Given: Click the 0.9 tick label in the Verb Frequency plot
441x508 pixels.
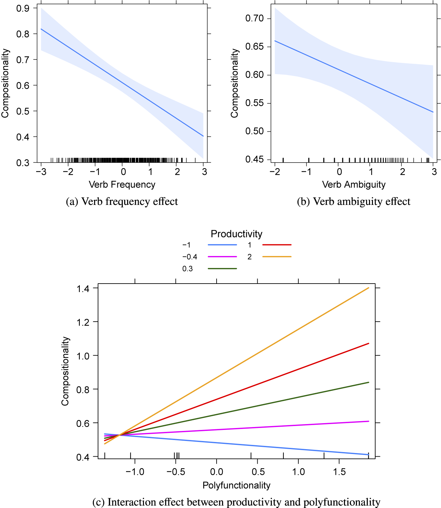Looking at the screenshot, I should click(x=22, y=8).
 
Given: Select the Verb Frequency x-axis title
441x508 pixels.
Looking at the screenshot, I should click(x=122, y=184).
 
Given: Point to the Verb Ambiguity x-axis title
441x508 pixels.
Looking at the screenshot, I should click(x=354, y=184).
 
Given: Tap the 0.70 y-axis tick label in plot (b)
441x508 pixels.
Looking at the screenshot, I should click(x=254, y=19).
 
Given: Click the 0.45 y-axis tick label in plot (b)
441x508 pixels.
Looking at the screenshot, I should click(x=254, y=159).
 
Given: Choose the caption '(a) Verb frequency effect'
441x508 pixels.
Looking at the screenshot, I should click(x=122, y=202).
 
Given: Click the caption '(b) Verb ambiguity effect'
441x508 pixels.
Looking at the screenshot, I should click(x=354, y=202).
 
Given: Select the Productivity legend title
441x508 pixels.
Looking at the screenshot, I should click(x=236, y=234).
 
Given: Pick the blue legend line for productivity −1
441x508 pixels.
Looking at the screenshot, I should click(x=222, y=245).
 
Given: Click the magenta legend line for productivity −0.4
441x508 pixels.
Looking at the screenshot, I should click(x=222, y=257).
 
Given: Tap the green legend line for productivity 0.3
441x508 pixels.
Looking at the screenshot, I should click(x=222, y=269).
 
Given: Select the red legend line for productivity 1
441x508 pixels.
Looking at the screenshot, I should click(x=277, y=245).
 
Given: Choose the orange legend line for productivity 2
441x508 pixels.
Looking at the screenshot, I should click(x=277, y=257).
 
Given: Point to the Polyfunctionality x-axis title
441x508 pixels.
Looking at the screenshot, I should click(x=236, y=485).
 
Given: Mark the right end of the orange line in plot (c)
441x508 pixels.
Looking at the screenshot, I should click(x=368, y=288).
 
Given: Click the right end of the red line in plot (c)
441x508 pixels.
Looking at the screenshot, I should click(x=368, y=343).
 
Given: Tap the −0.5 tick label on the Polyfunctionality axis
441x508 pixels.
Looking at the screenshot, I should click(x=176, y=472).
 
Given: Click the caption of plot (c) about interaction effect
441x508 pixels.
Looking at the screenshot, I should click(x=236, y=502).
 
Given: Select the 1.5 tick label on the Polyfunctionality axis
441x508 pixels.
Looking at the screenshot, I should click(x=339, y=472).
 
